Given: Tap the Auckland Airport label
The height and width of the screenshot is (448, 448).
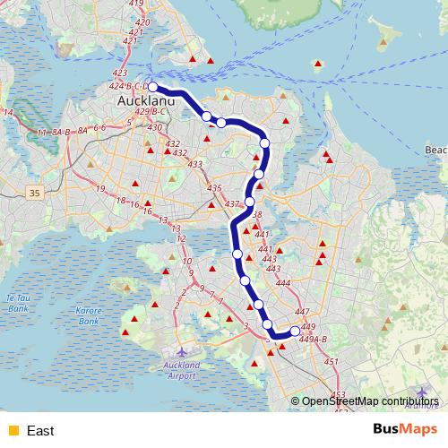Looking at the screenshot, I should (180, 370).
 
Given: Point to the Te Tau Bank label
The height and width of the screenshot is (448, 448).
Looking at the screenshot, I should (18, 302).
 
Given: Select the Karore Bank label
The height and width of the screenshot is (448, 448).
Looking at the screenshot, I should (88, 315).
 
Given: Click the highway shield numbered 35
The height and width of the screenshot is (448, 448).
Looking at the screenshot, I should (35, 192).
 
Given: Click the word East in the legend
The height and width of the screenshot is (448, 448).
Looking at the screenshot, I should (40, 431).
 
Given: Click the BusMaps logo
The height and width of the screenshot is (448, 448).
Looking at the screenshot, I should (406, 430).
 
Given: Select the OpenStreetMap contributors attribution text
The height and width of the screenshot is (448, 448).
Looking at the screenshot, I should (370, 401).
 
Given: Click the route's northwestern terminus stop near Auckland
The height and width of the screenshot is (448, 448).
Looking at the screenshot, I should (153, 87).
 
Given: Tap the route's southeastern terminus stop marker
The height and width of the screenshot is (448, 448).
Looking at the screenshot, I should (296, 332).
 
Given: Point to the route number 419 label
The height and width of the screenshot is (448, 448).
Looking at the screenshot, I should (136, 4).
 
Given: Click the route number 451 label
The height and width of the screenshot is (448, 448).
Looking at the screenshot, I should (332, 361).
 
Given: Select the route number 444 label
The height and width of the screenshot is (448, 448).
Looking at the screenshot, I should (283, 283).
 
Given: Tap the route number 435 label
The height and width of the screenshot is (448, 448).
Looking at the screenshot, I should (213, 188).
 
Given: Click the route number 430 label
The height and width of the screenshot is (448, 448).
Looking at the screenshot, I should (155, 128).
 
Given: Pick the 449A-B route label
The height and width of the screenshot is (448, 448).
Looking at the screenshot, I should (314, 339).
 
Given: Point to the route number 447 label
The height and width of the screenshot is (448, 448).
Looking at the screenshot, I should (302, 311).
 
